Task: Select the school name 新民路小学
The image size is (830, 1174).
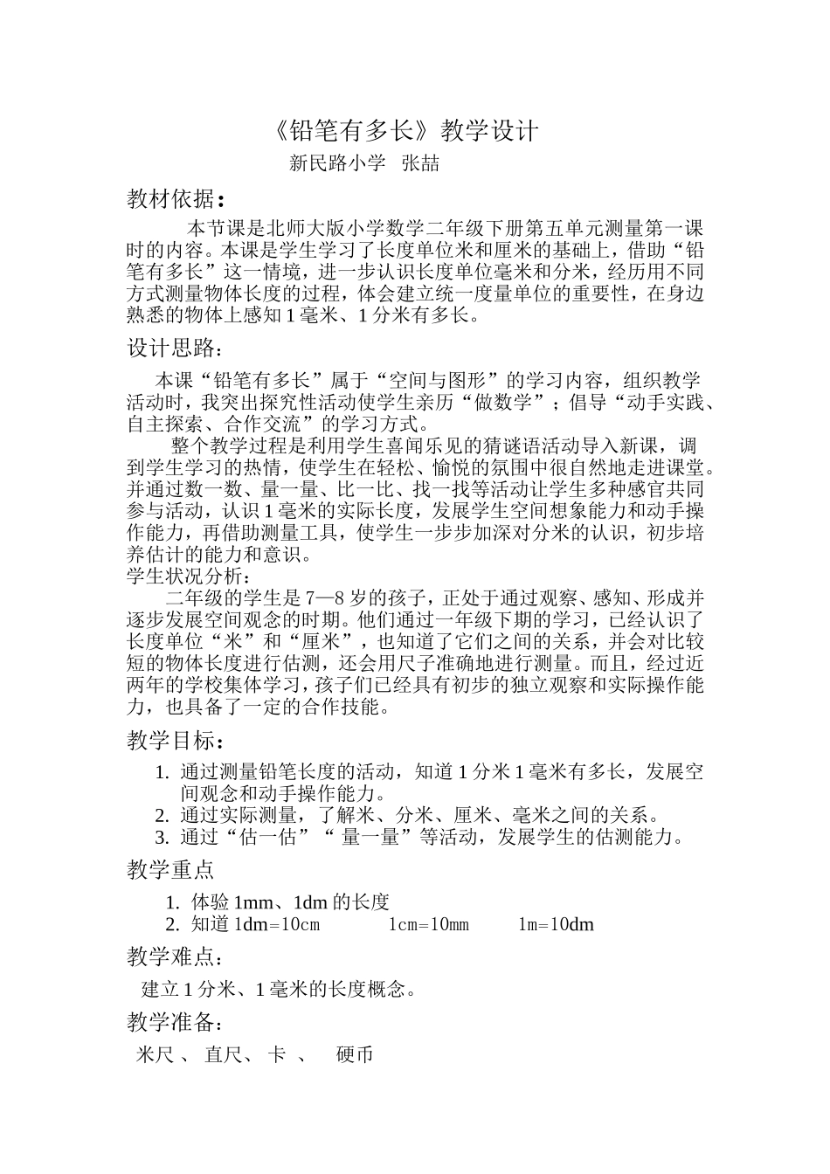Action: [x=337, y=163]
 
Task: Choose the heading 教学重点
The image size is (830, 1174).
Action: [x=171, y=870]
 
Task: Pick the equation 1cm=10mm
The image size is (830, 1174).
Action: [x=428, y=924]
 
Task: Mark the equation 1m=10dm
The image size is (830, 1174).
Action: [x=556, y=924]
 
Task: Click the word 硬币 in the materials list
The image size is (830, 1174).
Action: [x=355, y=1055]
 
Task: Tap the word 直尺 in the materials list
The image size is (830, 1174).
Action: [x=223, y=1055]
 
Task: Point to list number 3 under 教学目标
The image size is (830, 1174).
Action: [x=161, y=838]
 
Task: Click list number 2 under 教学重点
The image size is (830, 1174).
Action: [x=171, y=924]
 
